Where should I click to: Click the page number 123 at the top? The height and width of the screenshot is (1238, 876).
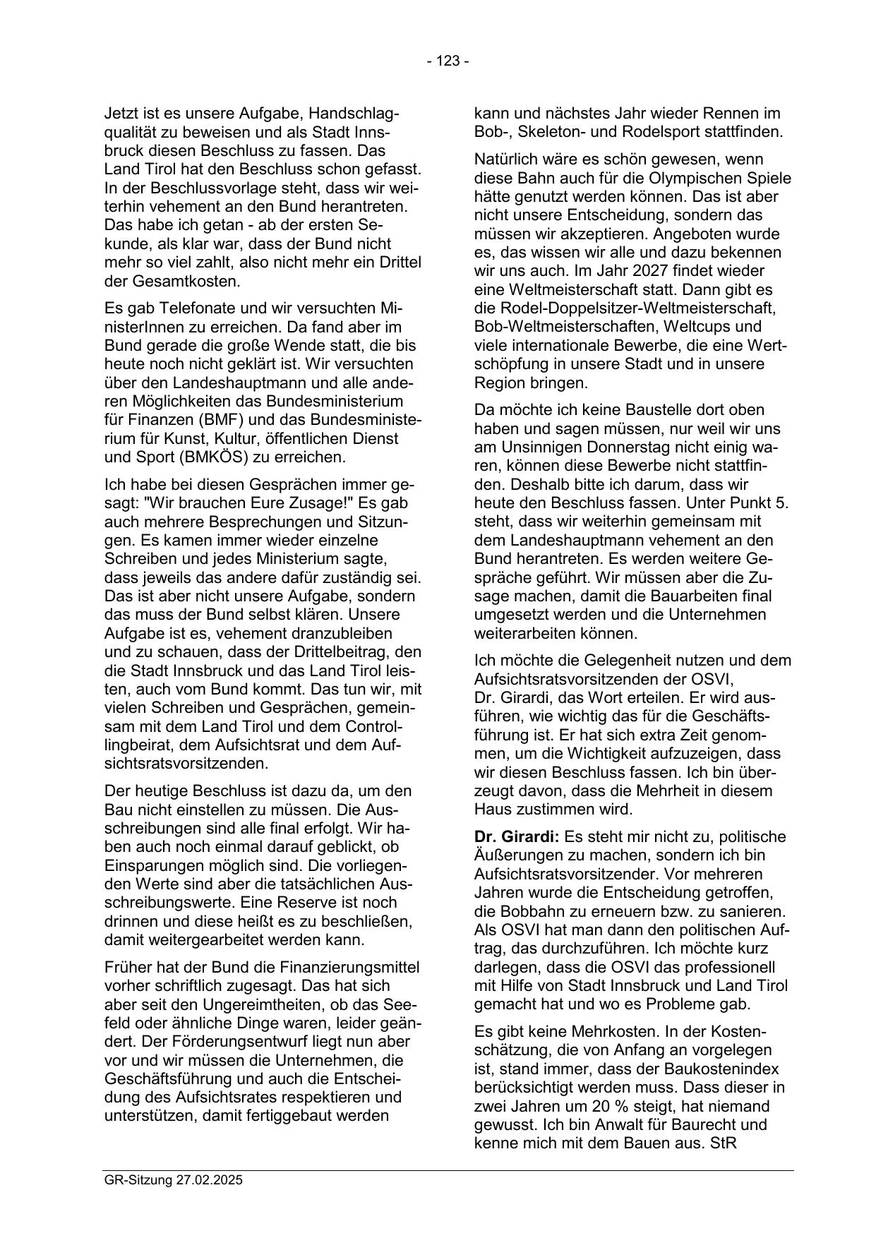(x=448, y=61)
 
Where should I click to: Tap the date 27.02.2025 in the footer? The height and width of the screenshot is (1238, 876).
(x=210, y=1180)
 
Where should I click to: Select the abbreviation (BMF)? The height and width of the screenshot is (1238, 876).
(x=219, y=420)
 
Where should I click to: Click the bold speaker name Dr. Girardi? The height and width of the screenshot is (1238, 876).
(x=517, y=837)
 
